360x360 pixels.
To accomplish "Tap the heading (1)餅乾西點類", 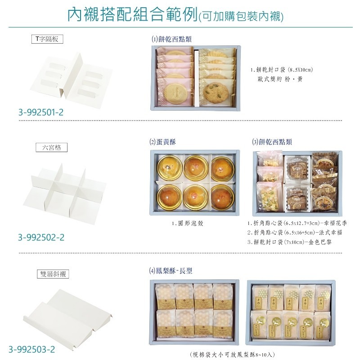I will coord(172,39).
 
